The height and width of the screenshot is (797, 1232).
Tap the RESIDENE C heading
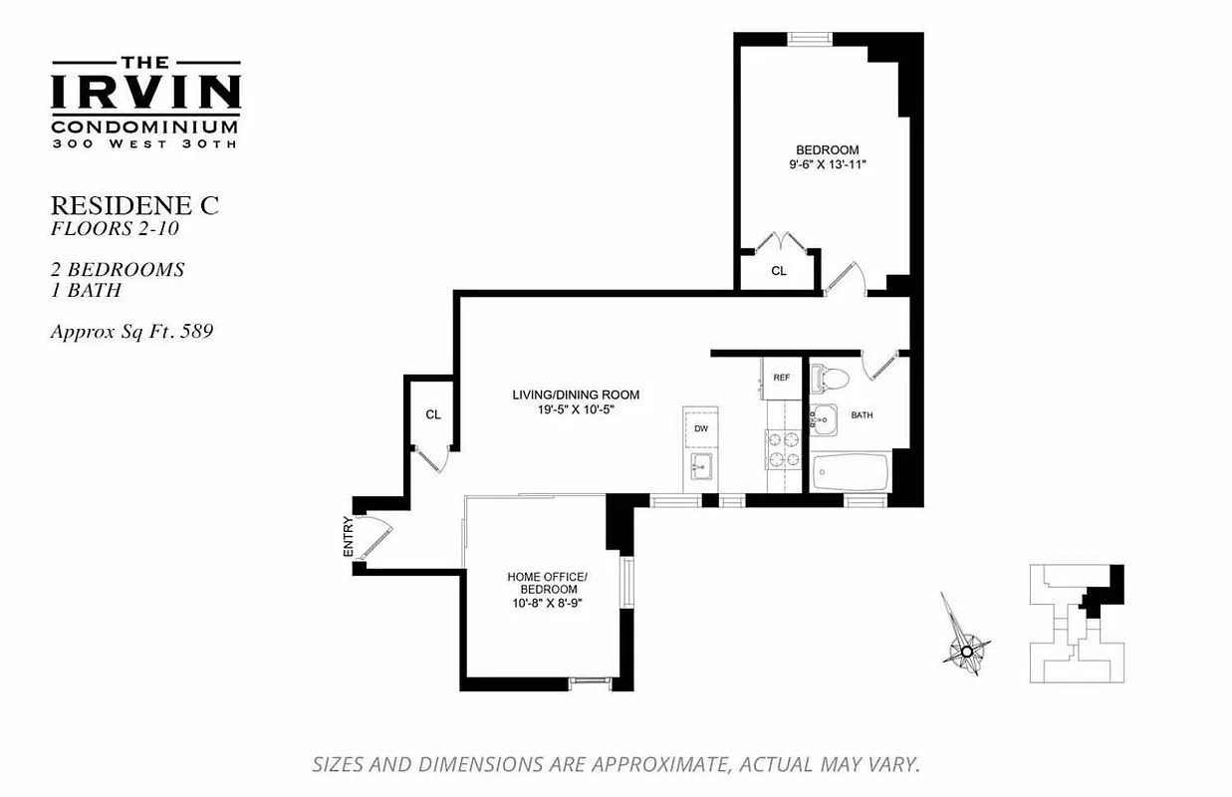133,206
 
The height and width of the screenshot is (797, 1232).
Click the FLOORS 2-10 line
115,229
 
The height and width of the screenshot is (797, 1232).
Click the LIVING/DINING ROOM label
576,395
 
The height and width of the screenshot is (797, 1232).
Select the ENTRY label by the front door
348,536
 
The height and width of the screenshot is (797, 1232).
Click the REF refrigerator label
782,378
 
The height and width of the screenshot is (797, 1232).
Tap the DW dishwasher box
700,427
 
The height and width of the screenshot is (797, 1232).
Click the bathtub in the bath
850,472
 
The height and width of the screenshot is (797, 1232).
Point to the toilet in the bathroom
830,378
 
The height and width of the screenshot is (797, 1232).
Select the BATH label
862,414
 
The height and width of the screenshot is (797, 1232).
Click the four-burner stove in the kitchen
782,449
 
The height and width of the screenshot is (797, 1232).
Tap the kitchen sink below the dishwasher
701,466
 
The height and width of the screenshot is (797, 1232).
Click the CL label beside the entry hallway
432,414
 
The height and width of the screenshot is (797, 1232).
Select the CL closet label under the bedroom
779,271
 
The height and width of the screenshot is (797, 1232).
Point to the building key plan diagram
1077,623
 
